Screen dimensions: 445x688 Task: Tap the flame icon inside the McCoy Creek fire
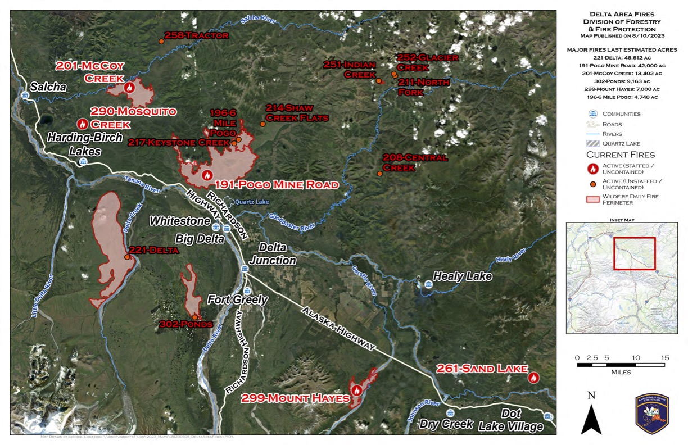tap(130, 87)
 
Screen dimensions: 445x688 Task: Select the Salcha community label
tap(48, 87)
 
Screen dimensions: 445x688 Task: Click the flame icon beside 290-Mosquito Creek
tap(83, 124)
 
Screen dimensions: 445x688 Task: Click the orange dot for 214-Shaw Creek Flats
tap(262, 124)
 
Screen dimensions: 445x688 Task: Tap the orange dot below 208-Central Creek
tap(380, 174)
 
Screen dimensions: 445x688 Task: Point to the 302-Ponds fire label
tap(186, 324)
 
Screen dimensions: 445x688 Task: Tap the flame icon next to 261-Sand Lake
tap(533, 378)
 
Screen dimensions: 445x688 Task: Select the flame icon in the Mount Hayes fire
tap(356, 390)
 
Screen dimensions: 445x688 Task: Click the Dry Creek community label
tap(446, 424)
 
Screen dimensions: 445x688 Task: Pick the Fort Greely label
tap(237, 299)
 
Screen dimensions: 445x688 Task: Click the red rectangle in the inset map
tap(634, 253)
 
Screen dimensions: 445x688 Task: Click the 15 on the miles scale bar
tap(665, 358)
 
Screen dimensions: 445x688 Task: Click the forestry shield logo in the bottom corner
tap(651, 413)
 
